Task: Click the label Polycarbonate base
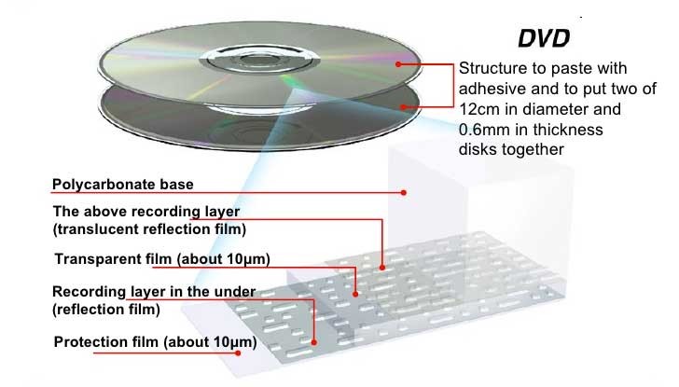point(123,185)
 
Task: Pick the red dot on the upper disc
point(398,64)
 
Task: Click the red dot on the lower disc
point(404,106)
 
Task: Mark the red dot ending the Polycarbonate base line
point(403,193)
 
